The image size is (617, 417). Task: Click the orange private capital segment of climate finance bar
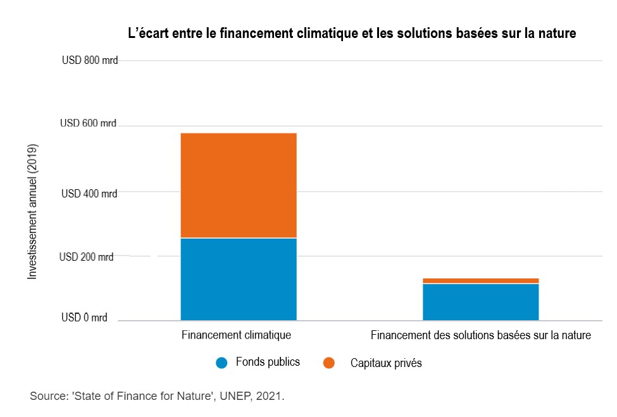tap(239, 185)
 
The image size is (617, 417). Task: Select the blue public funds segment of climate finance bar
tap(239, 278)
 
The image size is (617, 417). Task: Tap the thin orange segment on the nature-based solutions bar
tap(480, 280)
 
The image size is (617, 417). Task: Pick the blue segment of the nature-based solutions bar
tap(480, 302)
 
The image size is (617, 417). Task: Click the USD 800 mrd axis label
tap(90, 61)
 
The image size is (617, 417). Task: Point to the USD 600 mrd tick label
tap(88, 123)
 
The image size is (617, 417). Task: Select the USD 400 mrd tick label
tap(89, 194)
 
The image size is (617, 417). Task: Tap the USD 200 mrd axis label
tap(87, 257)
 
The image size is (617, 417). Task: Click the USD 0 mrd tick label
tap(84, 318)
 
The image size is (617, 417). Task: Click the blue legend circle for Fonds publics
tap(221, 363)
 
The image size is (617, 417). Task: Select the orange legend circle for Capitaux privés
tap(328, 363)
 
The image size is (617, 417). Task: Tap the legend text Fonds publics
tap(268, 362)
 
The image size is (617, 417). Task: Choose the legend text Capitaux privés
tap(386, 363)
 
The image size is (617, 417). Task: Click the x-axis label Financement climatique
tap(236, 335)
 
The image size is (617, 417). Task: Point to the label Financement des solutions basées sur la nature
tap(480, 335)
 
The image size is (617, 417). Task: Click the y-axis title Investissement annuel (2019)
tap(33, 212)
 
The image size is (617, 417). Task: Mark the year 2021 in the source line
tap(268, 397)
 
